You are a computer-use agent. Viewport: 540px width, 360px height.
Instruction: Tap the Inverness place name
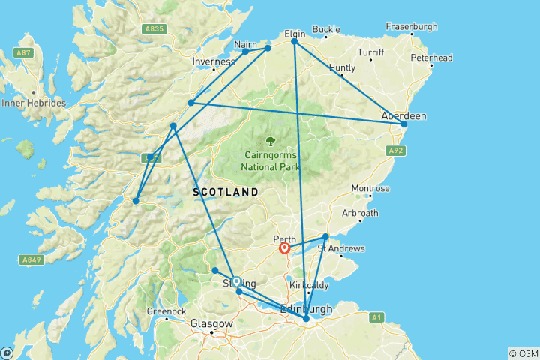click(214, 61)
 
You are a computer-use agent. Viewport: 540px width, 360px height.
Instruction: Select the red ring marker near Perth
click(285, 248)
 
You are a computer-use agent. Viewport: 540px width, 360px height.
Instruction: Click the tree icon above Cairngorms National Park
click(271, 140)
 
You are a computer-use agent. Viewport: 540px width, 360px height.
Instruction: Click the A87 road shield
click(23, 54)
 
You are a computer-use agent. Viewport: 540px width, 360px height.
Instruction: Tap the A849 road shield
click(28, 259)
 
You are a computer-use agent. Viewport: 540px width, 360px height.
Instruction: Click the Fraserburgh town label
click(411, 26)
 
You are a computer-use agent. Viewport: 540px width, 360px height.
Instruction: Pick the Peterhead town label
click(431, 58)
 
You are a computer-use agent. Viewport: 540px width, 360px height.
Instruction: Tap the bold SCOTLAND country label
click(226, 193)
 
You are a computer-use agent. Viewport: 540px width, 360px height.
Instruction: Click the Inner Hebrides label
click(34, 103)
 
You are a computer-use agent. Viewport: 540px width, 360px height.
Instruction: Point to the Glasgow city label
click(211, 324)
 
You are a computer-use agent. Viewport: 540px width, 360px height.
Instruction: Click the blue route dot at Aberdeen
click(403, 124)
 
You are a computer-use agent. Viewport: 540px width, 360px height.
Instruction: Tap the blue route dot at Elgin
click(294, 42)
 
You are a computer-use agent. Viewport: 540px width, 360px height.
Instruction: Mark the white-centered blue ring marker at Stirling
click(236, 281)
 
